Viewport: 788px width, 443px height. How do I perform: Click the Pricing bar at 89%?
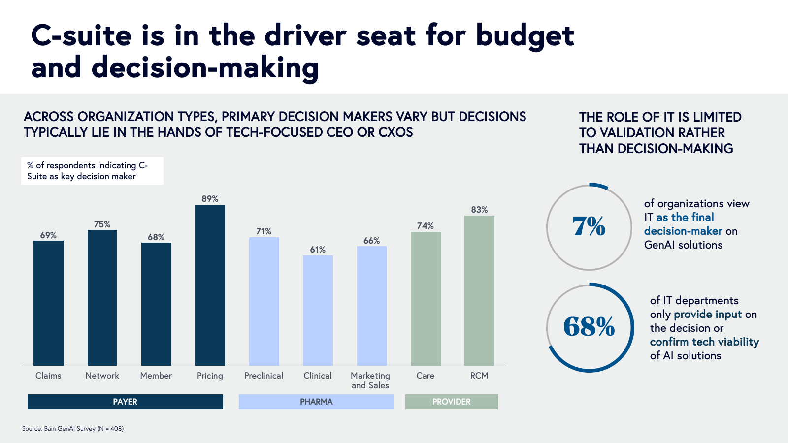[210, 285]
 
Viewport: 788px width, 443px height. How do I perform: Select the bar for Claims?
[48, 303]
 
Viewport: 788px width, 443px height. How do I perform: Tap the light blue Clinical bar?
[318, 311]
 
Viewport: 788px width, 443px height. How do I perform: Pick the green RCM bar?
[479, 290]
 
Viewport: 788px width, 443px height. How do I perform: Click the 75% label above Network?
[102, 224]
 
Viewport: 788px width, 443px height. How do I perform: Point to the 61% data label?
[318, 250]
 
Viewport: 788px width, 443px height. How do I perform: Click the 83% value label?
[479, 210]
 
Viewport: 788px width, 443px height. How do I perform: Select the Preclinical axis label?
[263, 376]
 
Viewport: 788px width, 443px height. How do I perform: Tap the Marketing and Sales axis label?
[370, 380]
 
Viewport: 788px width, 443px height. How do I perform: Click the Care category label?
[425, 376]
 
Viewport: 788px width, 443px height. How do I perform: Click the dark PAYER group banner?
[125, 402]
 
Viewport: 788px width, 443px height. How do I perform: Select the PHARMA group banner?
[316, 402]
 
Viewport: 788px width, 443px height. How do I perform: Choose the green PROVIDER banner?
[451, 402]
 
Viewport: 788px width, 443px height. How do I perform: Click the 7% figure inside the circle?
[589, 227]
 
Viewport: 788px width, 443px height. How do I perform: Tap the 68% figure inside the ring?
[589, 327]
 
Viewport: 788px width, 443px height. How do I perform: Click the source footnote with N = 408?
[73, 429]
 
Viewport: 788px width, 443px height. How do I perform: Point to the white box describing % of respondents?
[92, 171]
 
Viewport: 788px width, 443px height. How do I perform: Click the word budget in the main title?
[525, 36]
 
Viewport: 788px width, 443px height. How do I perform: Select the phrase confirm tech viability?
[704, 342]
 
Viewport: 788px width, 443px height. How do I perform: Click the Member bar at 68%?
[156, 304]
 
